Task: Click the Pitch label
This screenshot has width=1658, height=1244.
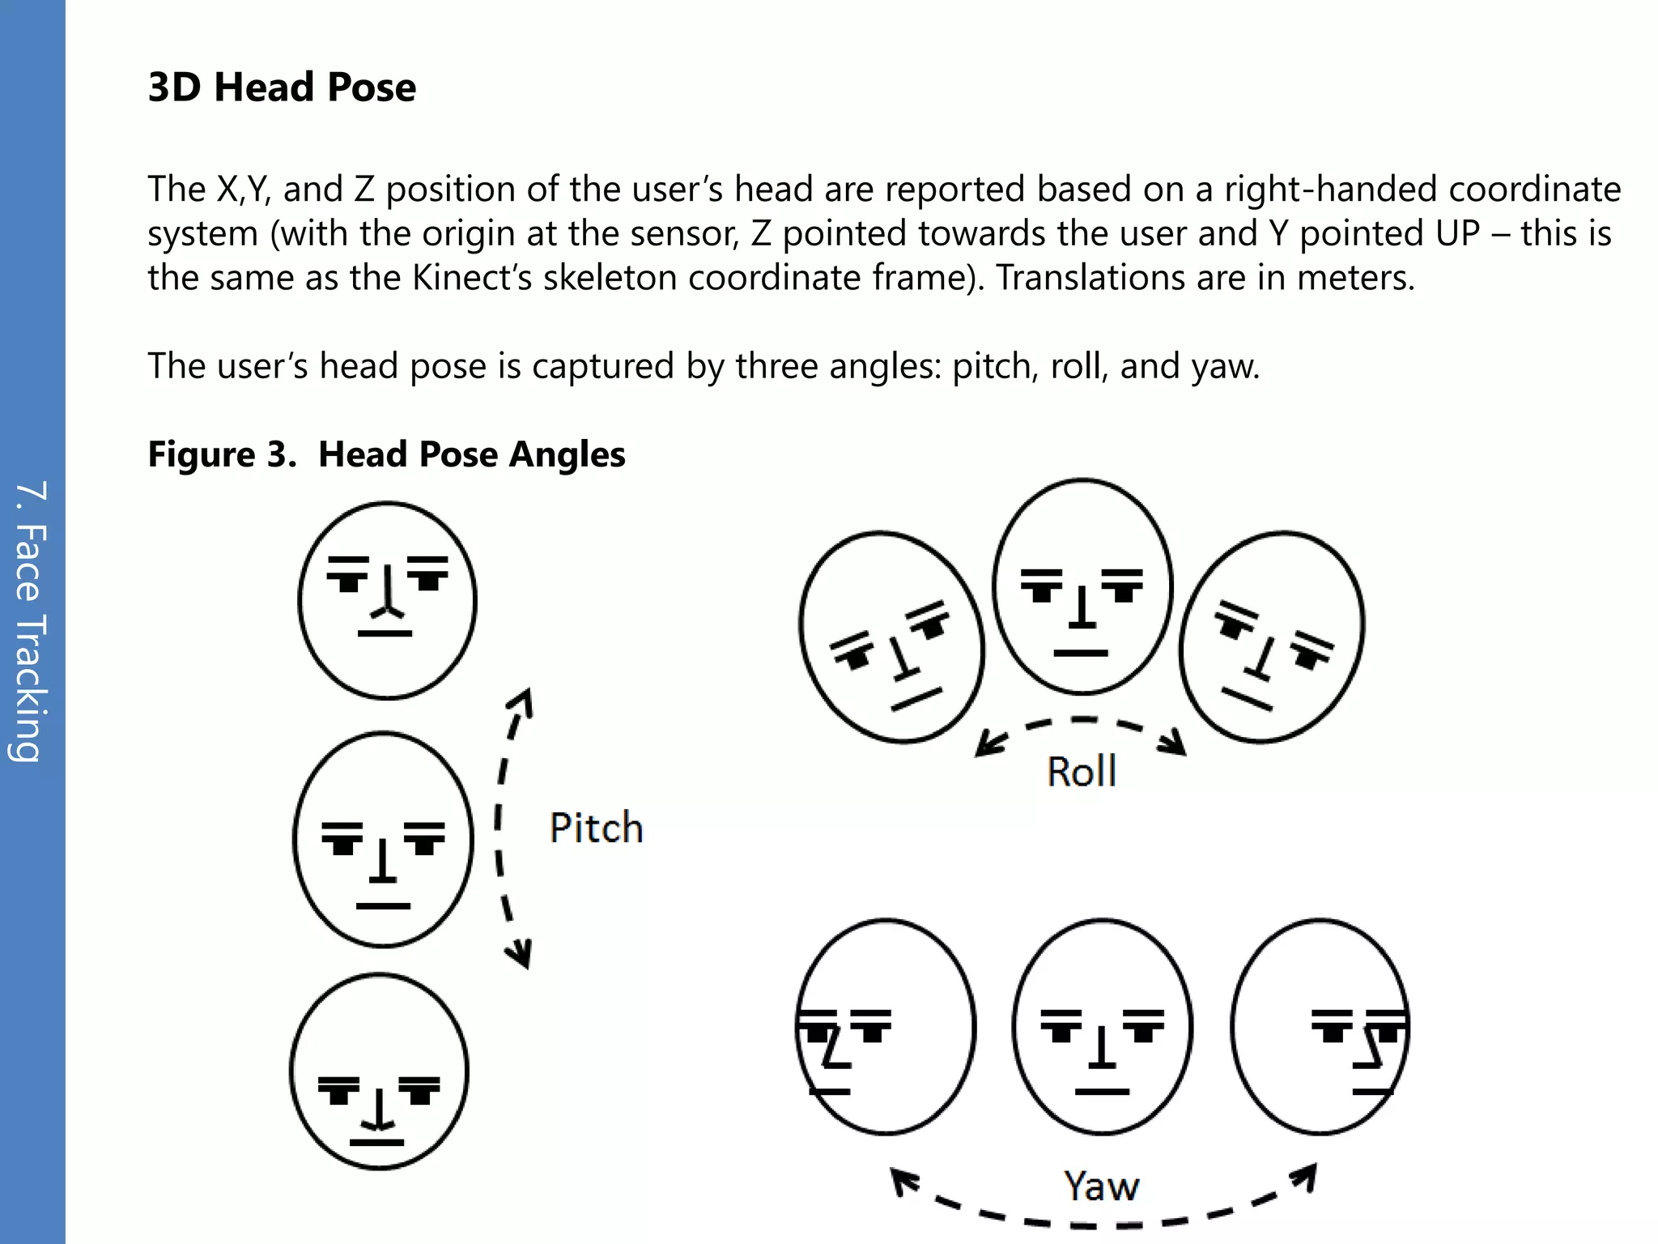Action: click(x=596, y=828)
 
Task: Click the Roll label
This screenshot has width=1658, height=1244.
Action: click(x=1082, y=771)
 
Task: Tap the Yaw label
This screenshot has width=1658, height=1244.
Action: click(x=1101, y=1186)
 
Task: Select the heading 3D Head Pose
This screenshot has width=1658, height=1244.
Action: click(x=282, y=87)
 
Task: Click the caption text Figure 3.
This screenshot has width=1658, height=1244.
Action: click(x=223, y=454)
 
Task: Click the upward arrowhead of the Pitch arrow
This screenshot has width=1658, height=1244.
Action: click(x=525, y=698)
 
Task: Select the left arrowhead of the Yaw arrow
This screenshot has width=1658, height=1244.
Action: click(x=902, y=1179)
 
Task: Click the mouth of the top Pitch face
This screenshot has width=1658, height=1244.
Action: click(x=385, y=633)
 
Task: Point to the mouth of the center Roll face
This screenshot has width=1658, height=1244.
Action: click(x=1081, y=653)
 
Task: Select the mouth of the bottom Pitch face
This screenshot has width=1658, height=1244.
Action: click(x=376, y=1142)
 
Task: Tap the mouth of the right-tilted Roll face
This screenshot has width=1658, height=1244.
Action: click(x=1248, y=699)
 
